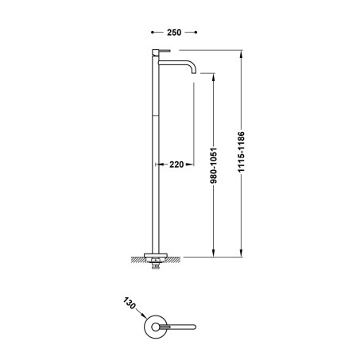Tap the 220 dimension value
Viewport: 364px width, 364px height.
tap(176, 165)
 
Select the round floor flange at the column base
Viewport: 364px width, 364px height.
tap(155, 256)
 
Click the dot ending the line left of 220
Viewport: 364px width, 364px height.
tap(155, 165)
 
